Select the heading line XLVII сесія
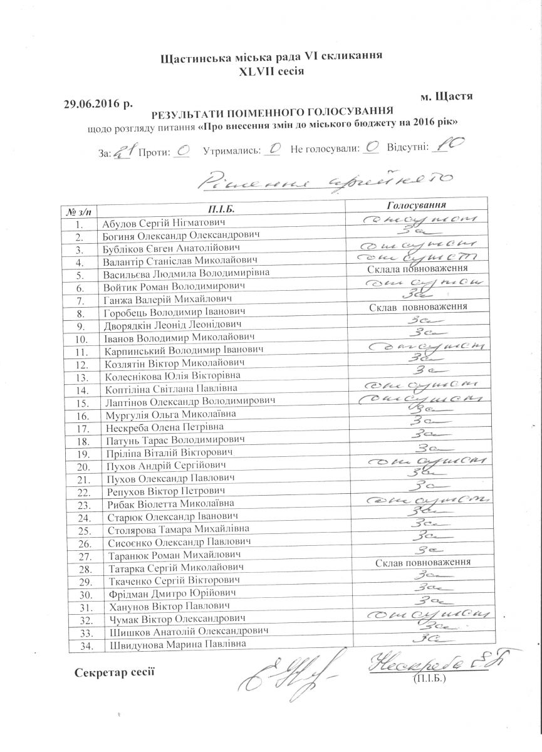pos(271,71)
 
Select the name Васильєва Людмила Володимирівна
pos(185,273)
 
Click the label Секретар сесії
pos(113,673)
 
